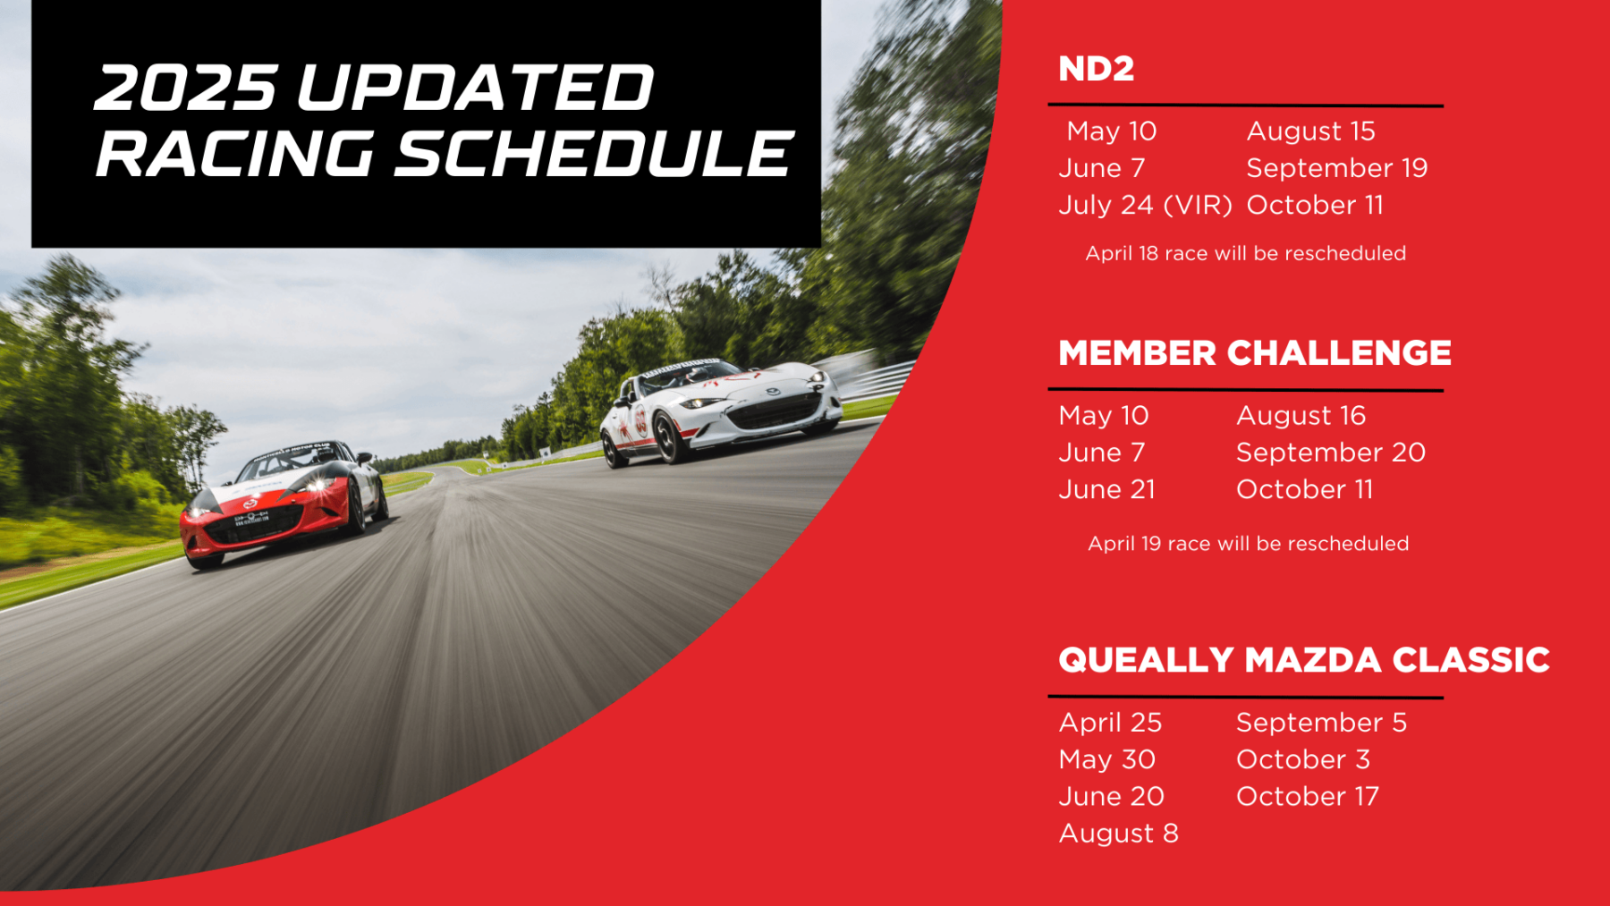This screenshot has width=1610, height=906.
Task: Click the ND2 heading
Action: click(1096, 69)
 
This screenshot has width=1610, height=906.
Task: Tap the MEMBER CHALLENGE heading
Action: click(1254, 353)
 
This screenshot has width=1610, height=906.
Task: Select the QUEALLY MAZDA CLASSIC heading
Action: click(1303, 660)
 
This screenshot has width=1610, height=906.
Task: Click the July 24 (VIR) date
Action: click(1145, 205)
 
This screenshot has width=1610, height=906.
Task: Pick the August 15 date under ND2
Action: click(1310, 131)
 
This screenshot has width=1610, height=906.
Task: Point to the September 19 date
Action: click(1336, 168)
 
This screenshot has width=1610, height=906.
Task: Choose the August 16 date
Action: click(1301, 416)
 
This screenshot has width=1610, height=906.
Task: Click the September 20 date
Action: click(1330, 453)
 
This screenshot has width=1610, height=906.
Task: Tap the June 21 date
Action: click(1106, 489)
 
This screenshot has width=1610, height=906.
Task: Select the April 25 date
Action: click(1110, 723)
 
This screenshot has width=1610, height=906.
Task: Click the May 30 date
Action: click(1106, 759)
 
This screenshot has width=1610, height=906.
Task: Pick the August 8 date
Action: click(1118, 834)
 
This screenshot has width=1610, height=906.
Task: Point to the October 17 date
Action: click(1307, 796)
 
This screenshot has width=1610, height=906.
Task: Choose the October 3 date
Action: click(1302, 759)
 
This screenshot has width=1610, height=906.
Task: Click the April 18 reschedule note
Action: click(1245, 253)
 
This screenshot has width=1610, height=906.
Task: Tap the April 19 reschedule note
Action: click(1248, 544)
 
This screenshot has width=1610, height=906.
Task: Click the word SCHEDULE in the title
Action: click(593, 153)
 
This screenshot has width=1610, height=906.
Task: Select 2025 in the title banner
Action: click(185, 88)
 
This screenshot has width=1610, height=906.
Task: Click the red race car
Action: click(283, 502)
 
